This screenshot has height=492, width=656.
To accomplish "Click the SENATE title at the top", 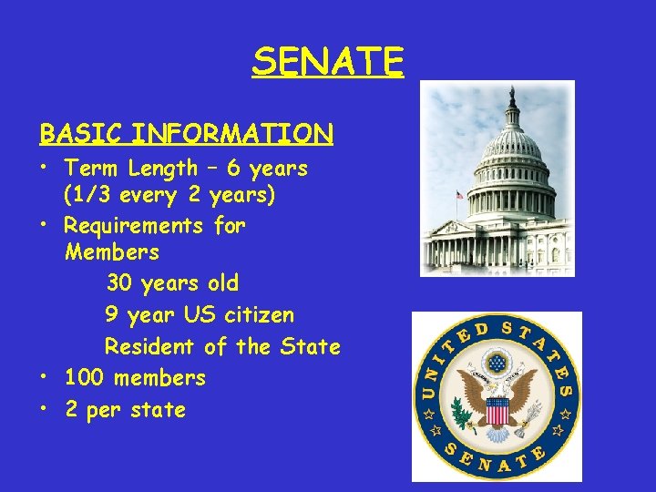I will pos(328,62).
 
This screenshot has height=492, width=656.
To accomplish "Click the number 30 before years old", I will pos(119,283).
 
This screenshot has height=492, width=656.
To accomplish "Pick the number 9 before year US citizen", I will pos(111,315).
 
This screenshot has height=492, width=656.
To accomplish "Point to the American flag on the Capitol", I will pos(460,194).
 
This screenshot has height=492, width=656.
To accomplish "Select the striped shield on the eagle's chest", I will pos(497,411).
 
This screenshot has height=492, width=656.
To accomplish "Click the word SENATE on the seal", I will pos(497,459).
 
